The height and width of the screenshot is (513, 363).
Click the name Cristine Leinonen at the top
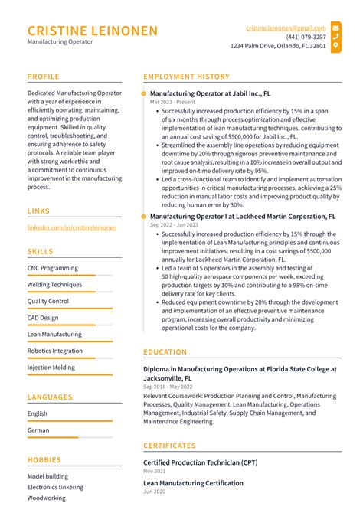click(93, 31)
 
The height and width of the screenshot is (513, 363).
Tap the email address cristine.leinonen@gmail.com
click(286, 27)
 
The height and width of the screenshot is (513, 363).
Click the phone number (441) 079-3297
click(306, 36)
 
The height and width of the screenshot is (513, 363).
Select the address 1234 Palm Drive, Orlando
click(278, 46)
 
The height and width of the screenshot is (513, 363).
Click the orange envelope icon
click(336, 27)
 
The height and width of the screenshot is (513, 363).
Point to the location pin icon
click(336, 46)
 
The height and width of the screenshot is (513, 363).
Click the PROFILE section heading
click(44, 77)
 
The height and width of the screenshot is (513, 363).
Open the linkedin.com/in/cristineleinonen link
click(72, 227)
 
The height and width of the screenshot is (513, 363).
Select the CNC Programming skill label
click(52, 268)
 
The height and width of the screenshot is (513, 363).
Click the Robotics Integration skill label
click(54, 351)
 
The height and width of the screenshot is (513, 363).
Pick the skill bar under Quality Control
click(70, 309)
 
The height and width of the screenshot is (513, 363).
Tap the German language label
click(38, 430)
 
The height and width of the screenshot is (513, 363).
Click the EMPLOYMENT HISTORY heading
click(186, 77)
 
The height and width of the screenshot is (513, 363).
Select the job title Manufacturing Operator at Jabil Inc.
click(210, 93)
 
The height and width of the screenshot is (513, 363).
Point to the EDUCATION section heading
click(165, 352)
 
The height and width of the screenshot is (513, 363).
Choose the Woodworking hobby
click(46, 498)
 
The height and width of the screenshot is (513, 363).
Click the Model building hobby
click(47, 476)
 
